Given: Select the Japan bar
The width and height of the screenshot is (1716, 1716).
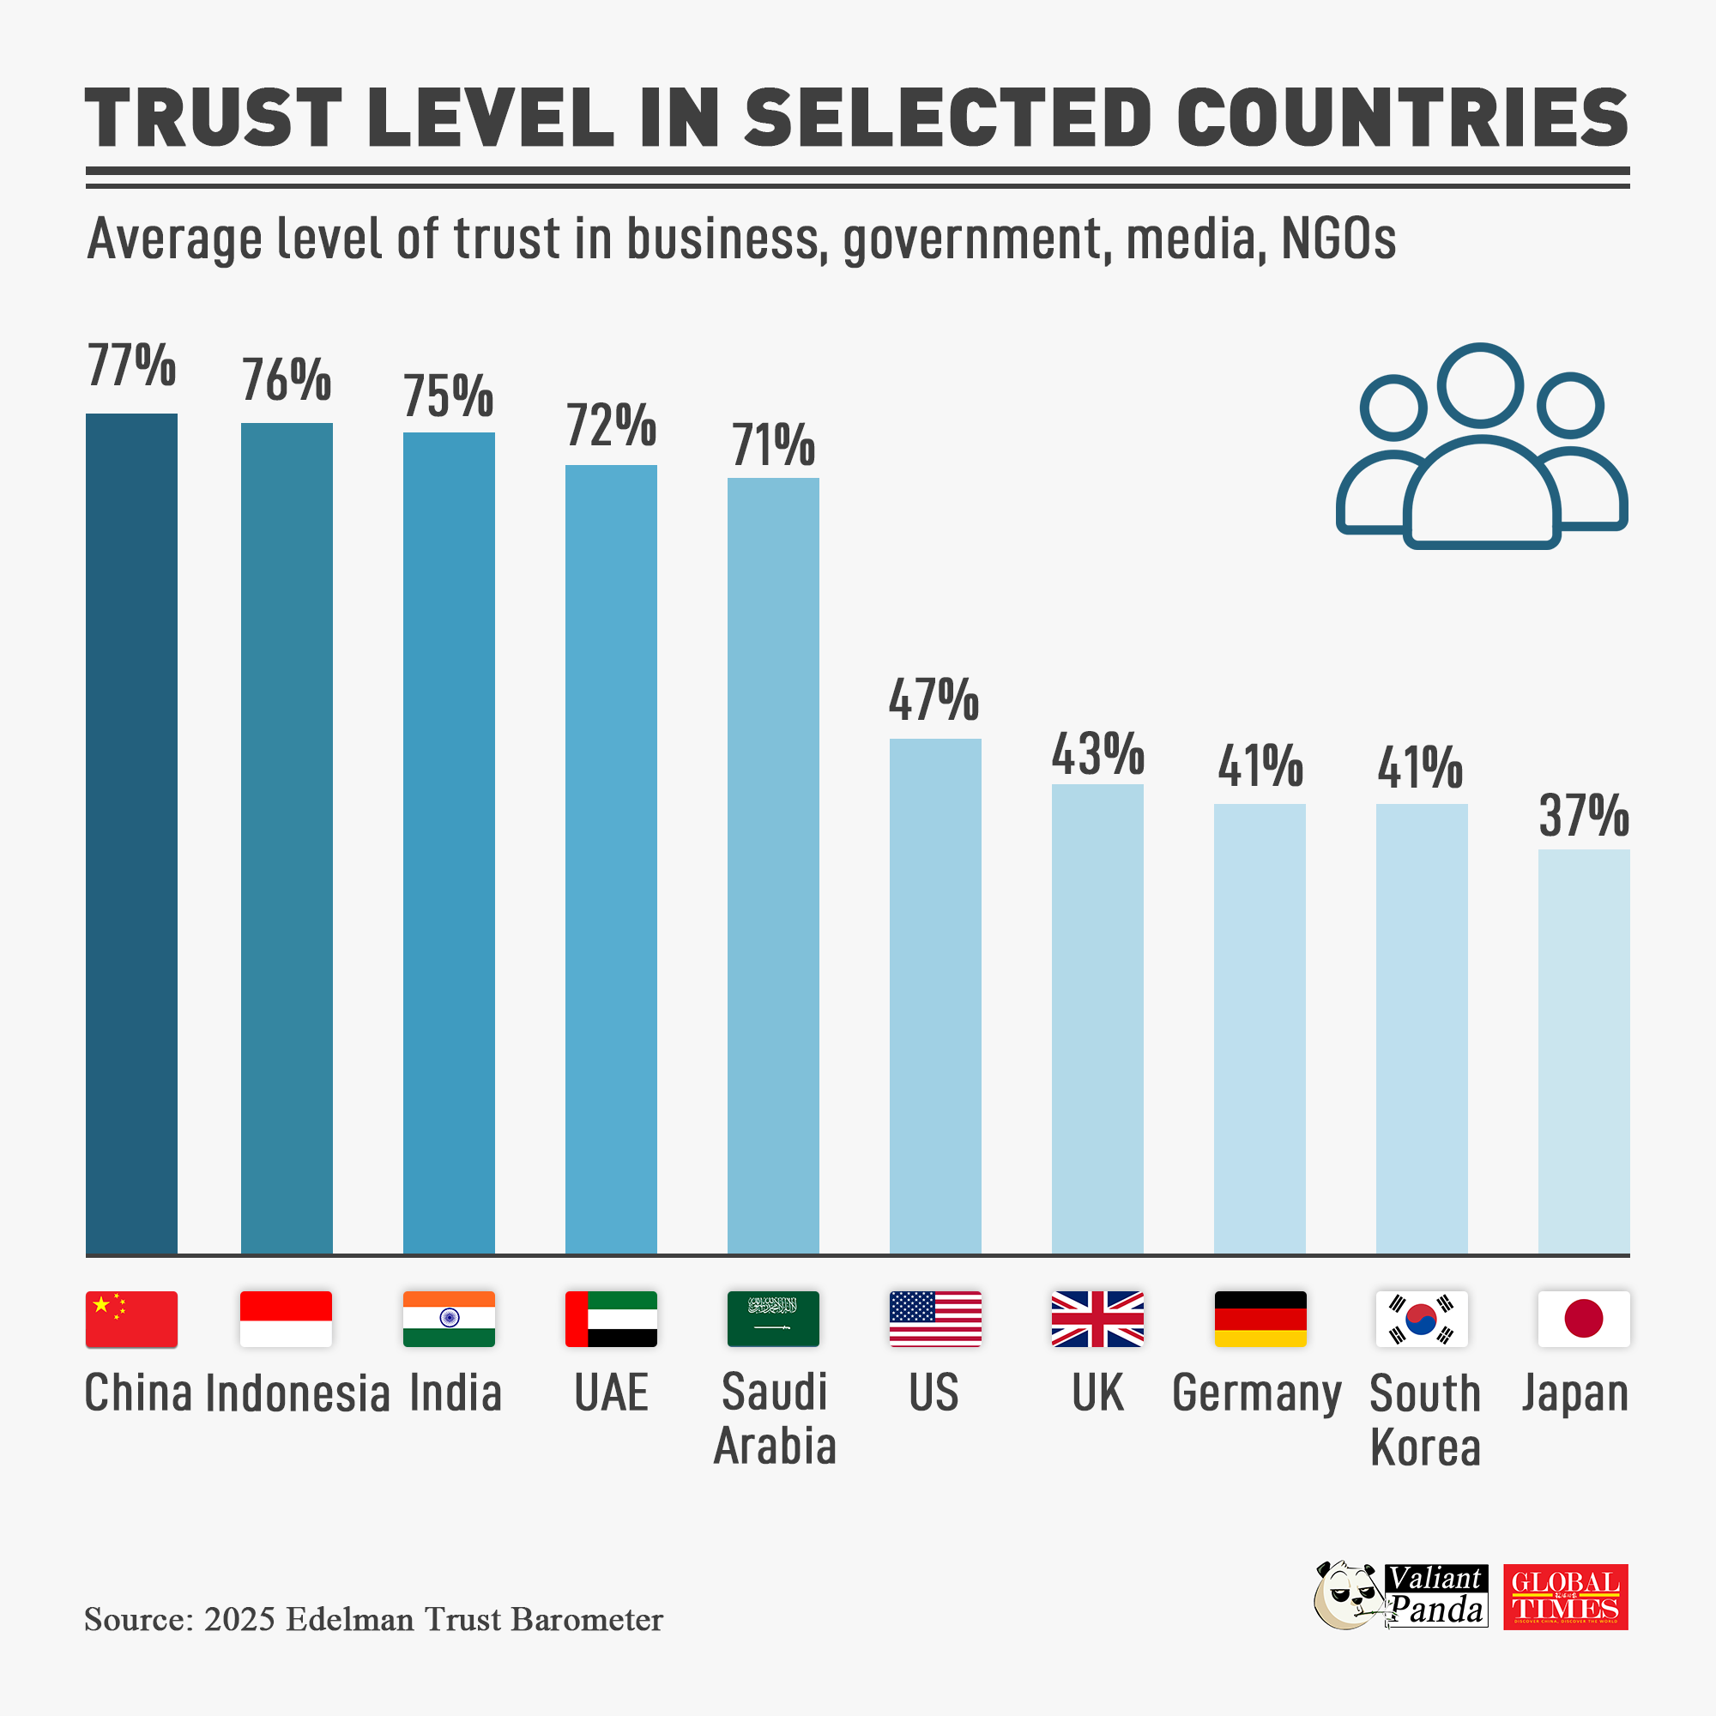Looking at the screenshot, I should tap(1584, 1052).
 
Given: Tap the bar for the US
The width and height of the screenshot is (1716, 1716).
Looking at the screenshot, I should tap(935, 995).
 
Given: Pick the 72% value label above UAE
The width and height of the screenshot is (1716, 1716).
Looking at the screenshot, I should tap(611, 426).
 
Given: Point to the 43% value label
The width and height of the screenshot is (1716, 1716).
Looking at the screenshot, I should tap(1098, 755).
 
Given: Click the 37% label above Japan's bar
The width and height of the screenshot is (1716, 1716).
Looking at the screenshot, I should tap(1584, 816).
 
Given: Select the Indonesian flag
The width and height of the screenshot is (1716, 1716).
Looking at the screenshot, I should tap(286, 1319).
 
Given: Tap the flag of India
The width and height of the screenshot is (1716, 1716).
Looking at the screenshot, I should tap(449, 1319).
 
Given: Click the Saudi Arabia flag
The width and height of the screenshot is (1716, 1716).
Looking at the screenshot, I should tap(773, 1319).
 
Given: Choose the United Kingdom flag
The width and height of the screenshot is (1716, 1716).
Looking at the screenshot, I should tap(1098, 1319).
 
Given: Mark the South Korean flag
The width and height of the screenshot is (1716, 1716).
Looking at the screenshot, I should tap(1421, 1319).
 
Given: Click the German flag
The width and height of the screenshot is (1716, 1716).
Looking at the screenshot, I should tap(1260, 1319).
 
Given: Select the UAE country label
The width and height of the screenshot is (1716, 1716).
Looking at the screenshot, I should tap(611, 1393).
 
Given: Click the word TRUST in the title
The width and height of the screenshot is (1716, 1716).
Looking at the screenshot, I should tap(213, 118).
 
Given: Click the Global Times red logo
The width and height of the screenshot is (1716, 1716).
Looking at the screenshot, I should tap(1565, 1597).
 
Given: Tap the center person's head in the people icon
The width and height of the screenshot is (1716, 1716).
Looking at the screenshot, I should tap(1481, 384).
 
